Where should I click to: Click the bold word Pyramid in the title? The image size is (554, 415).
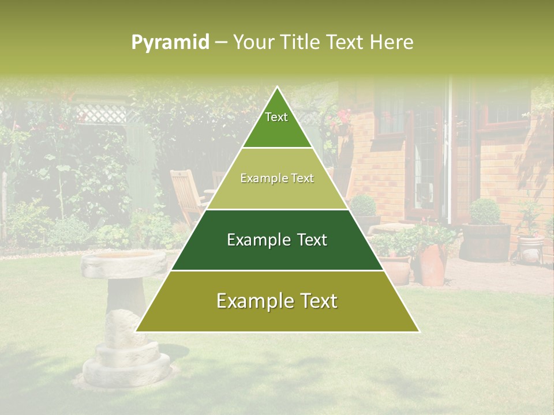click(170, 43)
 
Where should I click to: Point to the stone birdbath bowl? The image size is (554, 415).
click(124, 262)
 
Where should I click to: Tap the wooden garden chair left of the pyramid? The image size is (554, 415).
click(188, 196)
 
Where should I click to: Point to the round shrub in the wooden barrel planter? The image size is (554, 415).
click(485, 212)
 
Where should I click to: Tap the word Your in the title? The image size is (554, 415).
click(253, 43)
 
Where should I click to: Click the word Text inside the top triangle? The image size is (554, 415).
click(276, 118)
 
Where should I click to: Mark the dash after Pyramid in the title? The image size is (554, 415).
click(221, 43)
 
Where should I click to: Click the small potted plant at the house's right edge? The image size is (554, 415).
click(530, 242)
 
